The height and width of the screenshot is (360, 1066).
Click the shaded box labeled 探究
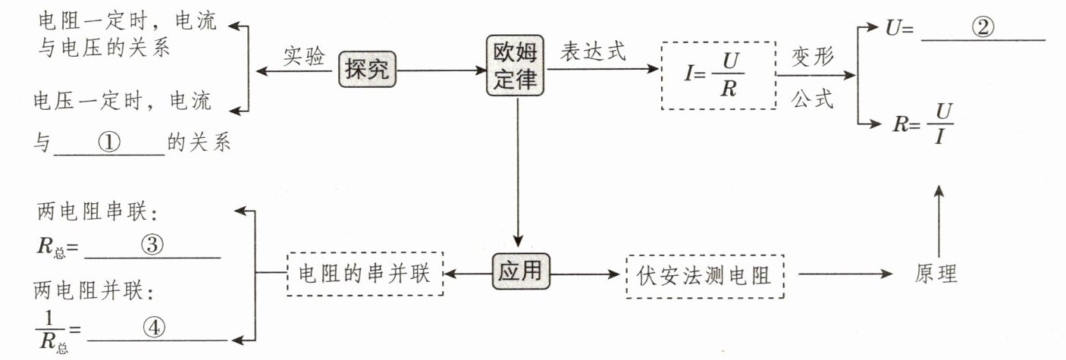(367, 70)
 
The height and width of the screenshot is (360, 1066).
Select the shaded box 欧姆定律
(515, 66)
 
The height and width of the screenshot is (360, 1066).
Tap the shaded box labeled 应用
(521, 271)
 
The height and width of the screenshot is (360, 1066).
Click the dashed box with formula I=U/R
(719, 76)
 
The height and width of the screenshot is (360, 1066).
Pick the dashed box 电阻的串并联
(365, 274)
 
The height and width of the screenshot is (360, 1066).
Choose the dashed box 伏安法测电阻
(705, 277)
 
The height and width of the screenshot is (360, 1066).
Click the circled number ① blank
(109, 142)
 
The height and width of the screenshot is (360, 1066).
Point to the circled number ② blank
(983, 27)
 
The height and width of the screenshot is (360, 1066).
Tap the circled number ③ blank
(152, 245)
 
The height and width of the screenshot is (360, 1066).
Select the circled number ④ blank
(154, 327)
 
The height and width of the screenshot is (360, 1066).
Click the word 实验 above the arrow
(303, 56)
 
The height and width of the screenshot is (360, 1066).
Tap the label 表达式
(593, 51)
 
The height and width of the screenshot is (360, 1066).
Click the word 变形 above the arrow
(812, 57)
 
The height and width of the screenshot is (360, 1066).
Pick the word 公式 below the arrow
(812, 99)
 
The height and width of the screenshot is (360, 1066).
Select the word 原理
(936, 274)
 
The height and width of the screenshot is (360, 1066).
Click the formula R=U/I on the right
(923, 124)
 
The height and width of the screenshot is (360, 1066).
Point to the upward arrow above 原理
(939, 221)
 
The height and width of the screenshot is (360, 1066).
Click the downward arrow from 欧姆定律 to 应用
(519, 172)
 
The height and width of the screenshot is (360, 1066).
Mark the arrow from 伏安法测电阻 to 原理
(845, 274)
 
